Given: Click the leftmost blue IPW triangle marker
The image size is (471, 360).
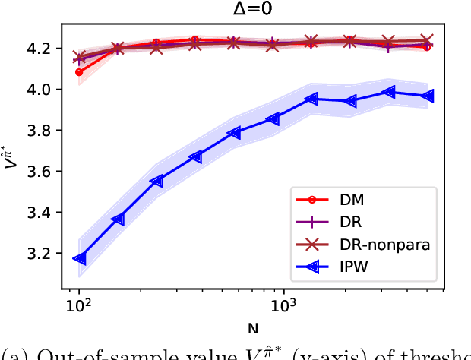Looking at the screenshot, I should [x=78, y=259].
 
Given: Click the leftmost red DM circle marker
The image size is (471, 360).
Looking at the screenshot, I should [x=79, y=72].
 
